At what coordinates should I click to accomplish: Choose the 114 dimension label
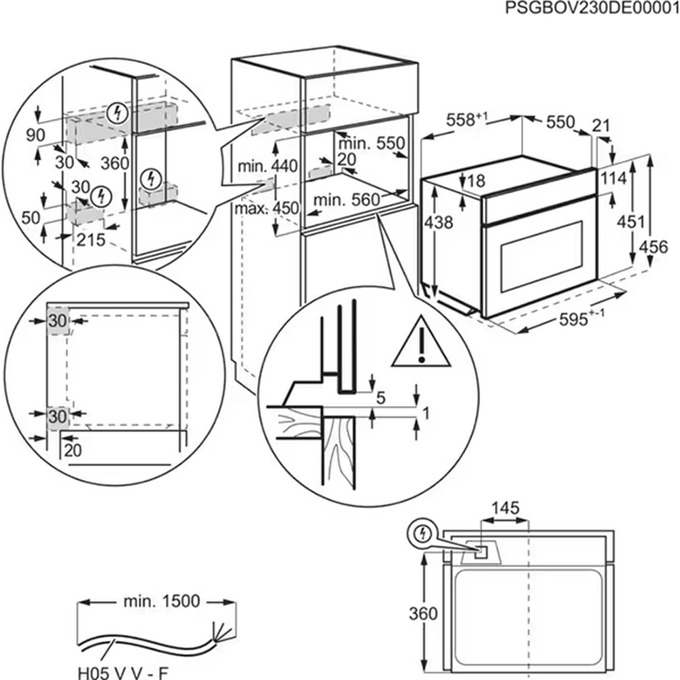pos(614,178)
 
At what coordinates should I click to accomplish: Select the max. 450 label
pos(267,209)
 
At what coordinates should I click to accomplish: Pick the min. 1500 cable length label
pos(162,601)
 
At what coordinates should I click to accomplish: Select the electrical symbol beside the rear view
pos(421,535)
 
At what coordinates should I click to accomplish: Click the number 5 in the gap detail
pos(381,398)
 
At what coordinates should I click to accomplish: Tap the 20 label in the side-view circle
pos(73,449)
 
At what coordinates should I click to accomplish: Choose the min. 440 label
pos(267,166)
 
